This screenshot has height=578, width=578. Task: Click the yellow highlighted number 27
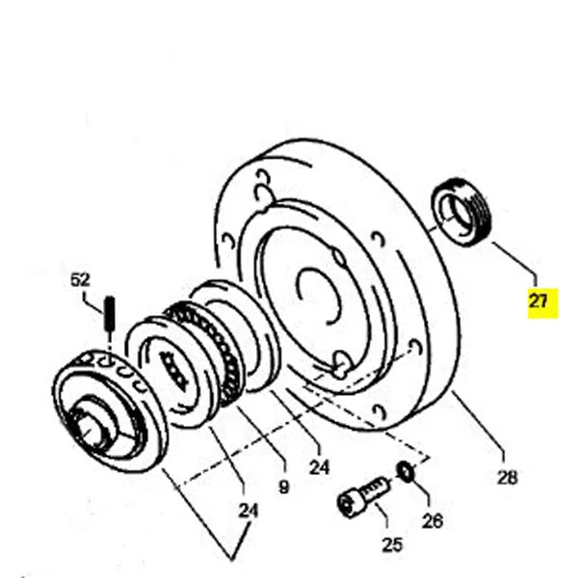tap(538, 302)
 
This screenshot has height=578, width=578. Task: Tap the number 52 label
tap(80, 280)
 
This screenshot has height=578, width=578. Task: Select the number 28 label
tap(507, 476)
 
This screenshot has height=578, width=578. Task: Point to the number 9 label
tap(283, 487)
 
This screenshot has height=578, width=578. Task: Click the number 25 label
tap(392, 544)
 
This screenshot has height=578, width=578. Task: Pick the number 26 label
tap(433, 521)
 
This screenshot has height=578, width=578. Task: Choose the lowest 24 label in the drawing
tap(249, 512)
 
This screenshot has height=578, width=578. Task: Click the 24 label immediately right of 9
tap(320, 468)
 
